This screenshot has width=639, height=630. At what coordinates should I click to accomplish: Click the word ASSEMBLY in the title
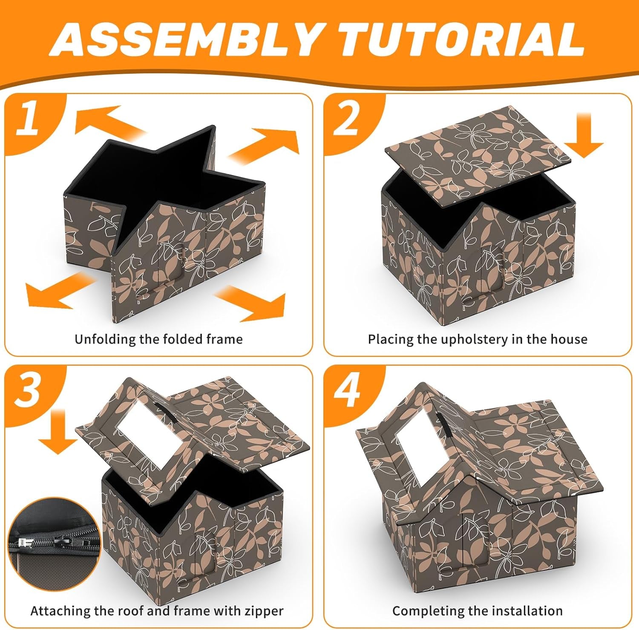[186, 39]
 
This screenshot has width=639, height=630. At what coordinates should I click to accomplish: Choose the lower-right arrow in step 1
[250, 303]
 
